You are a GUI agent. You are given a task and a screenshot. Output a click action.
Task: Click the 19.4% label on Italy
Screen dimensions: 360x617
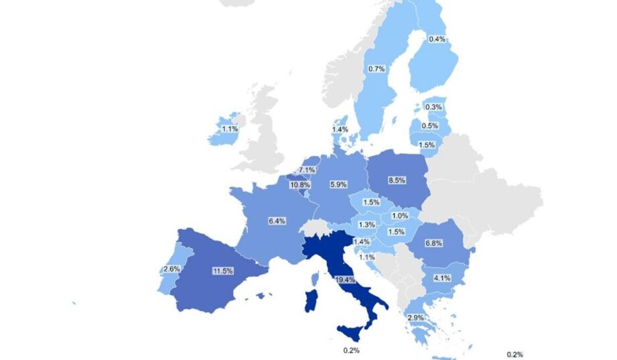346,280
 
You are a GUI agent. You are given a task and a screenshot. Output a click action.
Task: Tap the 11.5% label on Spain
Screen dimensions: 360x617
222,270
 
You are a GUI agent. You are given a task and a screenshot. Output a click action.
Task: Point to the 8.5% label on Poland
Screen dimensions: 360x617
397,180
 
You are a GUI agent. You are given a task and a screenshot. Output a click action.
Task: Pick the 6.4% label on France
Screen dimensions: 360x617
257,220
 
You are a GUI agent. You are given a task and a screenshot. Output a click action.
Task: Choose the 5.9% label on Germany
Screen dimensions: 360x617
338,184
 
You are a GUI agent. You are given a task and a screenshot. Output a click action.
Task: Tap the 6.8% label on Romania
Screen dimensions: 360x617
433,243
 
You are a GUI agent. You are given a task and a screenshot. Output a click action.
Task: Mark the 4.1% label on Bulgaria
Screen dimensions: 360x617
441,278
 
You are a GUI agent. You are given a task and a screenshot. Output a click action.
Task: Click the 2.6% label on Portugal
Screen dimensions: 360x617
170,269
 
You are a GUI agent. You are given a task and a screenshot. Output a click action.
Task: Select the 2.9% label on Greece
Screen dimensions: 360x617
415,316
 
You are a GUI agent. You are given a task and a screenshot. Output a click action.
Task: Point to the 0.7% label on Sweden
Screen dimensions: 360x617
376,68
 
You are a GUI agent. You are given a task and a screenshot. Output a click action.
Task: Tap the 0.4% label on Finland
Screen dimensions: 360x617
437,39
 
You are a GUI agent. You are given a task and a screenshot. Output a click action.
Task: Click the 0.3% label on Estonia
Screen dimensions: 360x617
433,107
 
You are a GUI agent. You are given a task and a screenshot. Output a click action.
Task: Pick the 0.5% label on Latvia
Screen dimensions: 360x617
429,125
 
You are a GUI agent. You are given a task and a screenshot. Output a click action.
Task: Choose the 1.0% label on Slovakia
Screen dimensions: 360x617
400,215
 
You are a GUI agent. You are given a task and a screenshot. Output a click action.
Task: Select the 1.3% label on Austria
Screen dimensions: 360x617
366,225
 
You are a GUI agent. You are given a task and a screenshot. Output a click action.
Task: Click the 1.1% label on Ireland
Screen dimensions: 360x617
230,129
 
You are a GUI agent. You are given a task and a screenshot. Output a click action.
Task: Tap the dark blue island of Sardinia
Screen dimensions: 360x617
312,300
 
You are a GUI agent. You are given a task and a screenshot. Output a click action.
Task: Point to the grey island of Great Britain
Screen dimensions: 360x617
265,134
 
